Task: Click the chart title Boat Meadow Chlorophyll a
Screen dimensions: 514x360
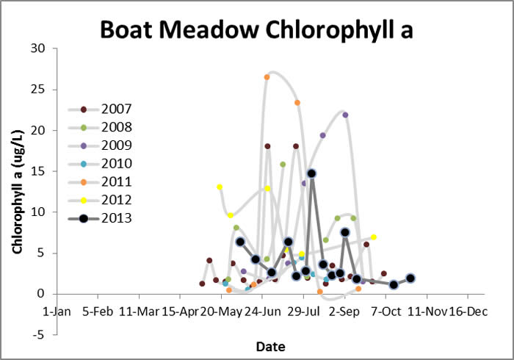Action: [x=256, y=30]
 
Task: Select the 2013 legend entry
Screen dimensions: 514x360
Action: [x=100, y=218]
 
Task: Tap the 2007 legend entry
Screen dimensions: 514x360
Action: [x=100, y=109]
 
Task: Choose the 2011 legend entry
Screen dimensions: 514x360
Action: [x=100, y=182]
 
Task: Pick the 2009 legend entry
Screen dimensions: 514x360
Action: [x=100, y=145]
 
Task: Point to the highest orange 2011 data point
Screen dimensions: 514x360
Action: [x=267, y=77]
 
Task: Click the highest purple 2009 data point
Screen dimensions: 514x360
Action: [x=345, y=115]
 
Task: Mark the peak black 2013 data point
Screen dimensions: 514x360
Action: [x=312, y=173]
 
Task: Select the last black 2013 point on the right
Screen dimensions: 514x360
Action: [x=410, y=278]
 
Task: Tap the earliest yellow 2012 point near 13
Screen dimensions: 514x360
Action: [x=220, y=187]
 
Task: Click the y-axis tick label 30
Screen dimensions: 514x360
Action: [x=37, y=48]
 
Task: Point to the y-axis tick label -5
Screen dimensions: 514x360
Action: [x=37, y=335]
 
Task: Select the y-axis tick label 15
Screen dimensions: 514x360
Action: [x=37, y=171]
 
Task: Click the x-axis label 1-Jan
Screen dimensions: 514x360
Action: [x=57, y=312]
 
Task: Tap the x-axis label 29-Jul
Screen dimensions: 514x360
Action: [x=303, y=312]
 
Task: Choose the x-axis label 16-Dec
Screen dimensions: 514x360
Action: [x=468, y=312]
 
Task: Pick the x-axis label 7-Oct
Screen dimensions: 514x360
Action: [x=385, y=312]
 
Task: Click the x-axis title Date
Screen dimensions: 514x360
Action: [x=270, y=347]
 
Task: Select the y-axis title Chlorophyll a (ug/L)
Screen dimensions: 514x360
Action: [x=18, y=192]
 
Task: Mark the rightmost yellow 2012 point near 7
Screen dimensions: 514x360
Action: [x=373, y=237]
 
